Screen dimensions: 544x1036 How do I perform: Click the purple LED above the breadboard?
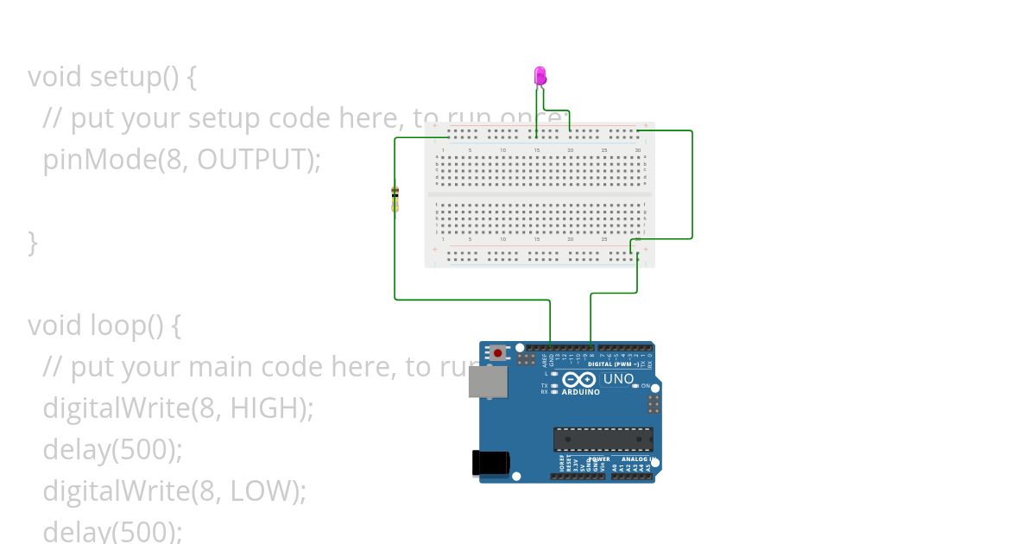click(x=540, y=76)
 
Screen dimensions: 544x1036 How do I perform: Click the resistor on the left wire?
click(x=395, y=199)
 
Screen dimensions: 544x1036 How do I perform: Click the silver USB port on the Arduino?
click(x=488, y=381)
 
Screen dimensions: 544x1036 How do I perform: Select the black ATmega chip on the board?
click(x=603, y=439)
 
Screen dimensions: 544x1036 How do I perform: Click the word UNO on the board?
click(x=618, y=379)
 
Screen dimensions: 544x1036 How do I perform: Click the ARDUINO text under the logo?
click(x=580, y=392)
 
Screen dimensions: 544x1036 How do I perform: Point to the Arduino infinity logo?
click(x=579, y=380)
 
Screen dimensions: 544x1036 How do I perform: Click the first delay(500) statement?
click(x=112, y=449)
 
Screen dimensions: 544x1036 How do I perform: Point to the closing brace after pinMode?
click(x=33, y=242)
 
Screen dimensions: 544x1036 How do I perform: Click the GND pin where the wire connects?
click(x=551, y=348)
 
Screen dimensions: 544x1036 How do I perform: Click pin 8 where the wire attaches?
click(x=591, y=348)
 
